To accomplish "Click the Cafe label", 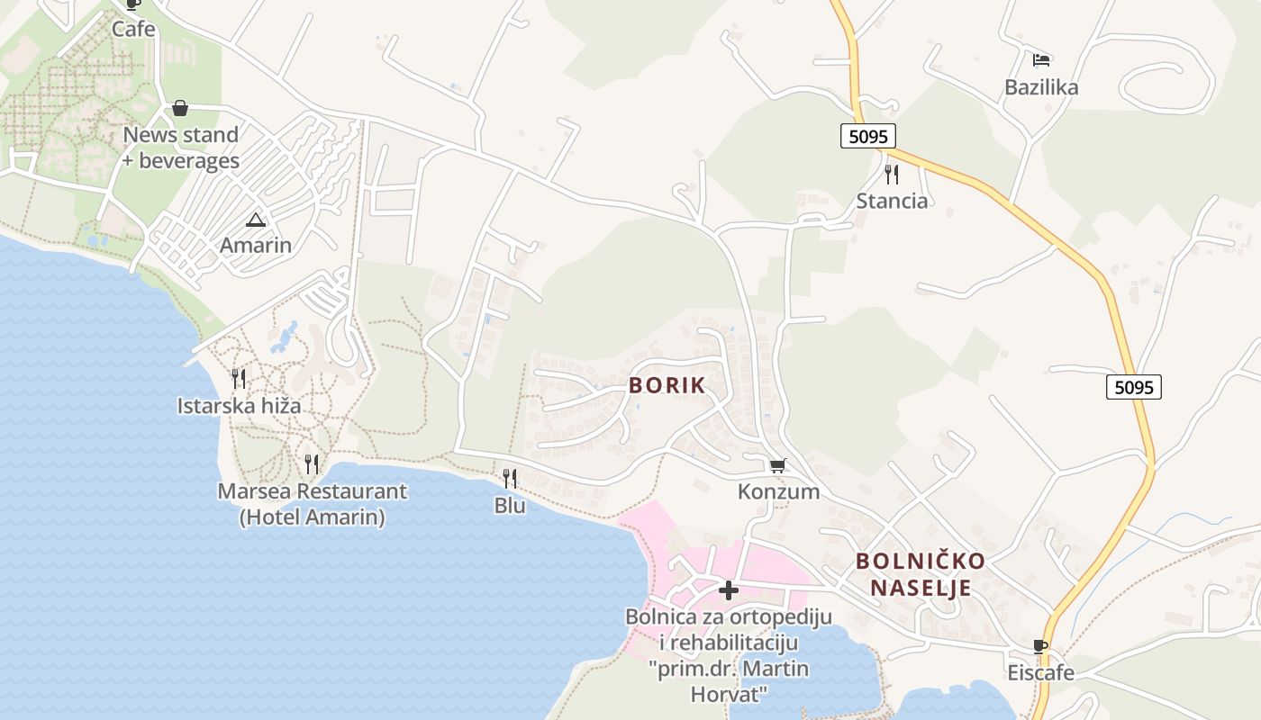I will point(133,29).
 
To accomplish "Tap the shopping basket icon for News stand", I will point(180,109).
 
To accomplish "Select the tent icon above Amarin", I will point(256,220).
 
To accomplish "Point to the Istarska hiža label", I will point(239,406).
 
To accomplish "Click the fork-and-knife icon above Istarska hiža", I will point(239,378).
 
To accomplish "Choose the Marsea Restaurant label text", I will point(313,491).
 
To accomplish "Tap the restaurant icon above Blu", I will point(510,478).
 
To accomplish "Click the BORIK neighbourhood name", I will point(667,385).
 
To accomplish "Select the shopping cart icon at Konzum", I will point(778,465).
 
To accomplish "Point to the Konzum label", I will point(778,491).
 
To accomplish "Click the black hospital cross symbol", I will point(729,590).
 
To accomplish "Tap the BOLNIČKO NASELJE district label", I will point(920,574).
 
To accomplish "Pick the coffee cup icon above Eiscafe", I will point(1040,646).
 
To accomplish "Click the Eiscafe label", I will point(1040,673).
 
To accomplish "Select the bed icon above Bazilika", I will point(1042,60).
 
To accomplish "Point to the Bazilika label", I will point(1041,87).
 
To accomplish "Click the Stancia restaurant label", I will point(892,201).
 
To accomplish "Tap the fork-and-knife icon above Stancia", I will point(892,174).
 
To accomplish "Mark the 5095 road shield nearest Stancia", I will point(868,136).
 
